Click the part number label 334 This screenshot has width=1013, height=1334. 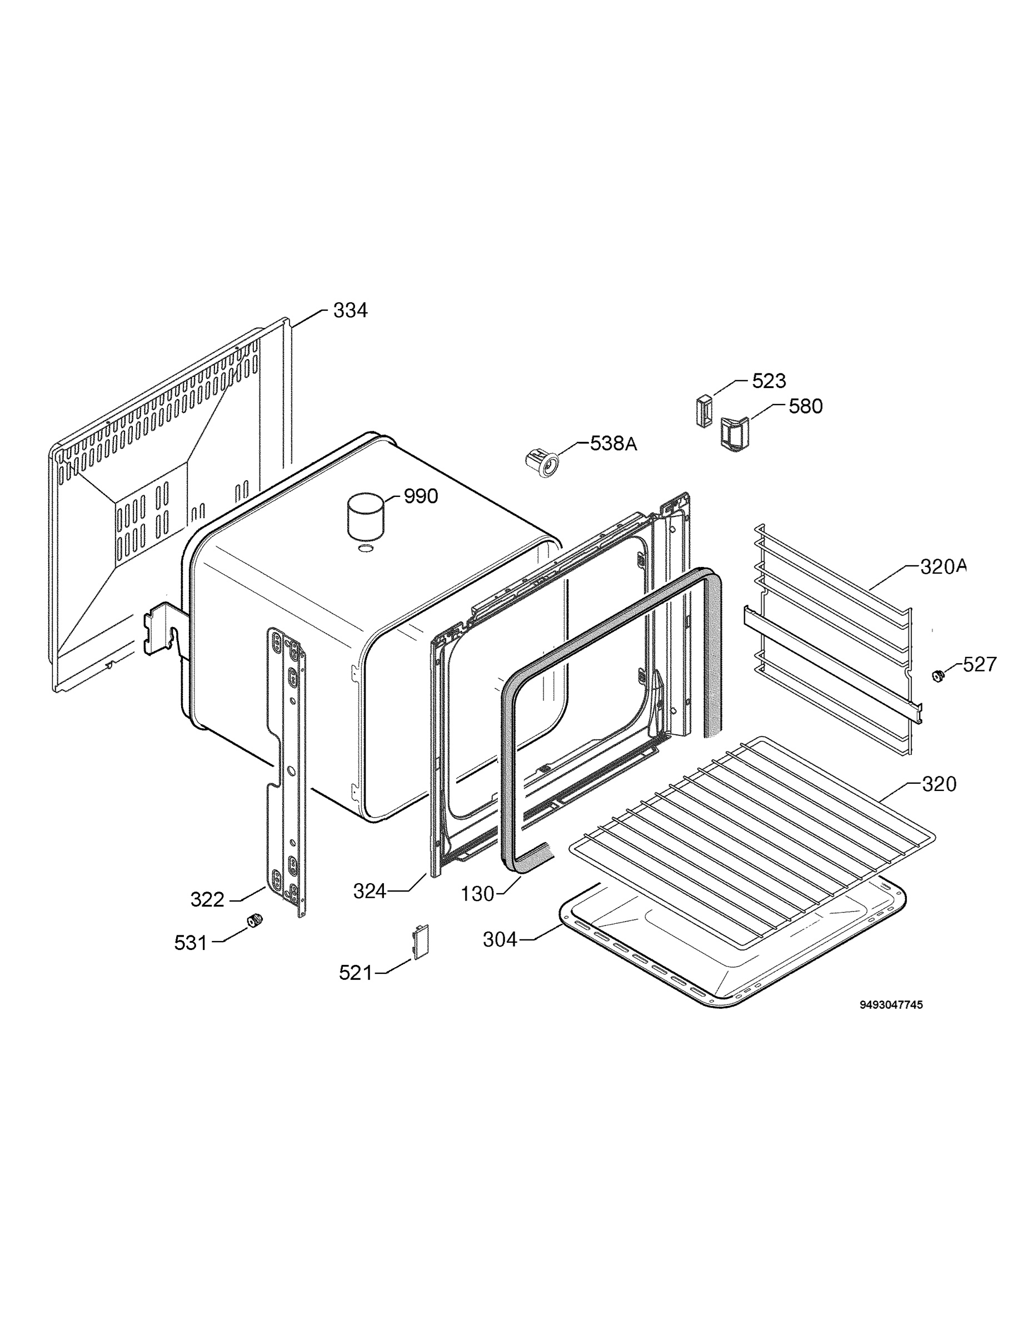(350, 311)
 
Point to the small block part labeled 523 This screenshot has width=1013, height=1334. (703, 411)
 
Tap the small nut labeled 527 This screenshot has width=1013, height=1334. (937, 676)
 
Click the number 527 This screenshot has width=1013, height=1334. (979, 665)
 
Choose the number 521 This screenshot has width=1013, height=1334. (356, 973)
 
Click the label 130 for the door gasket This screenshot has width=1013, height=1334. (477, 894)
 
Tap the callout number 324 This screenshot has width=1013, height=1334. (370, 891)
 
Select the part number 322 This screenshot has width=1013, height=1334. (207, 900)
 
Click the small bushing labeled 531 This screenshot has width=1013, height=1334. (255, 921)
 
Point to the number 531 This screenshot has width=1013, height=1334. (191, 943)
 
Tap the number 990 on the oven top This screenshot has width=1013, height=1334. (421, 496)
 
